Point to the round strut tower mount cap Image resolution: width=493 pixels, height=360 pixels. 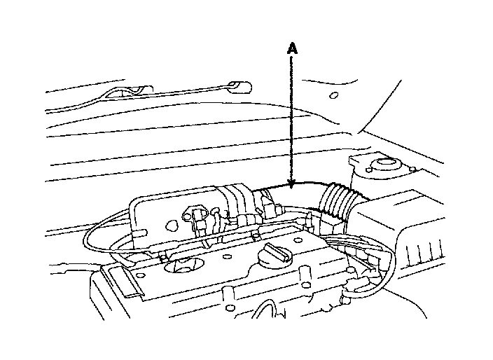(384, 166)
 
